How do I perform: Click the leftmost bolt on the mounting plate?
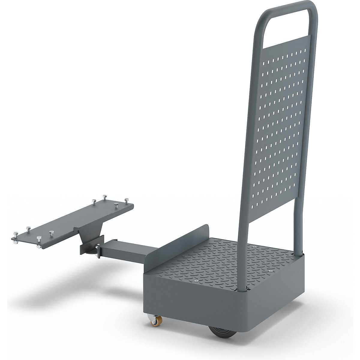point(15,234)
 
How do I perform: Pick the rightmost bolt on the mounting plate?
point(126,200)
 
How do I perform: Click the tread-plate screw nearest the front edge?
point(196,281)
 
